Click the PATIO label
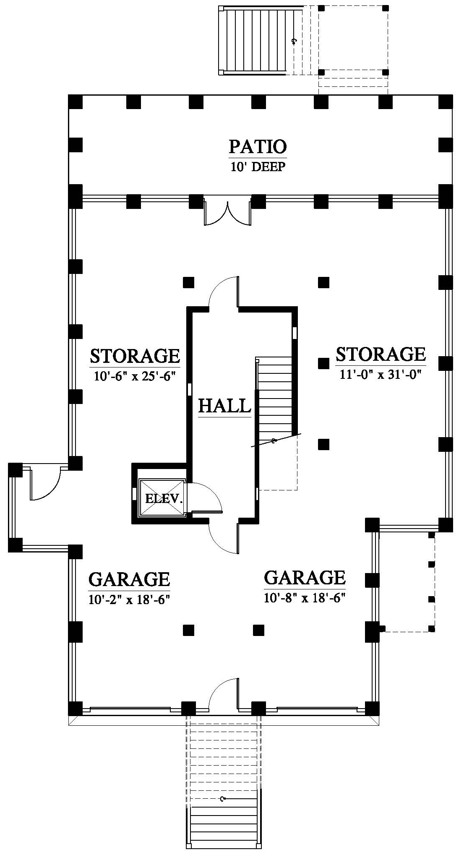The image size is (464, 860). pos(258,147)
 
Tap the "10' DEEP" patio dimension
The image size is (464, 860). pos(258,167)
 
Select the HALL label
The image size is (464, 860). pos(224,406)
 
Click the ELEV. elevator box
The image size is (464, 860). pos(162,498)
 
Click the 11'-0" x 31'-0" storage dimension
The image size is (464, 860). pos(380,374)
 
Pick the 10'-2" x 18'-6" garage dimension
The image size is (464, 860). pos(129,599)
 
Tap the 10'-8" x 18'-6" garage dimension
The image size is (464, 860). pos(304,597)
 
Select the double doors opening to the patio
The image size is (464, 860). pos(227,212)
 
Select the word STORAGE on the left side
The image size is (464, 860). pos(135,356)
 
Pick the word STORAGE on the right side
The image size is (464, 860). pos(381,354)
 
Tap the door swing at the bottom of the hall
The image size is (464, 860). pos(224,537)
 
